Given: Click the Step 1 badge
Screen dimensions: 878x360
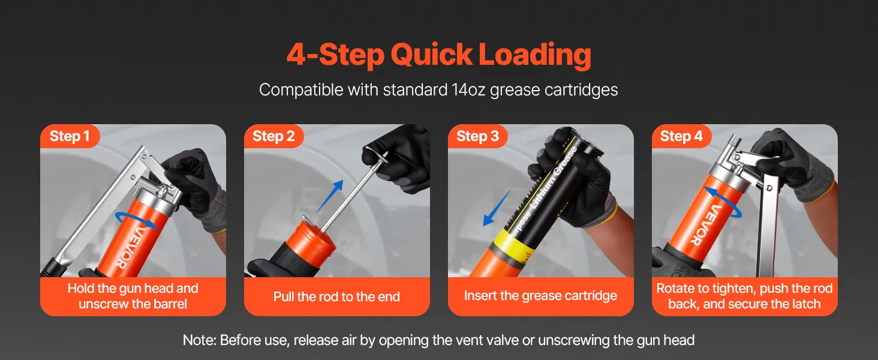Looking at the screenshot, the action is [70, 136].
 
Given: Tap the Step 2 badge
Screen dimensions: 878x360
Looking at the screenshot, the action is [273, 136].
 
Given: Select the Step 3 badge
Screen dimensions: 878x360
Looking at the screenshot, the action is [477, 136].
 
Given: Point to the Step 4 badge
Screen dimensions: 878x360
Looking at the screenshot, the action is [681, 136].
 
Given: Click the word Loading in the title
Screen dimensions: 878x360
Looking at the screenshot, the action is [534, 55].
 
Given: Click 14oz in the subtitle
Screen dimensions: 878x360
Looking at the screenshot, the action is [468, 90].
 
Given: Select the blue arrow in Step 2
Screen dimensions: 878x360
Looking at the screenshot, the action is [330, 196].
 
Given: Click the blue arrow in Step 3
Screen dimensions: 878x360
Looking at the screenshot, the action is [497, 208].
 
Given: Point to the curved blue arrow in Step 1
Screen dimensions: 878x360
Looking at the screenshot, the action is [135, 220].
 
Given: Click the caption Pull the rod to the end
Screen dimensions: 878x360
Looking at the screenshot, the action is [336, 296].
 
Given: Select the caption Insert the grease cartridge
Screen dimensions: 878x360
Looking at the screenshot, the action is [540, 295].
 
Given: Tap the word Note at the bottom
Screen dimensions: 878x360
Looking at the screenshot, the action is [200, 340].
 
